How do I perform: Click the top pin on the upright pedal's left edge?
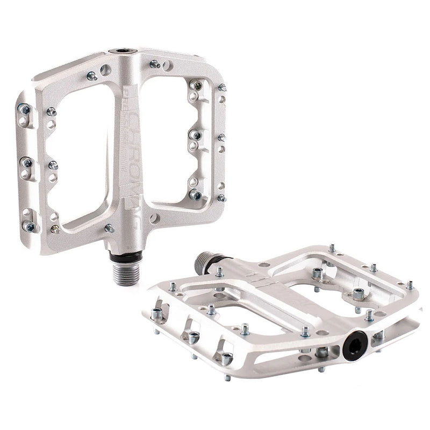click(x=25, y=110)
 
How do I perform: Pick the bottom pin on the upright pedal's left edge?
click(x=30, y=226)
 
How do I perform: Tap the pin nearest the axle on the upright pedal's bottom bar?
click(x=109, y=228)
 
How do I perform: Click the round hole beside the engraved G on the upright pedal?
click(x=155, y=219)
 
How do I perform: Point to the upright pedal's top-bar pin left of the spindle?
click(x=91, y=76)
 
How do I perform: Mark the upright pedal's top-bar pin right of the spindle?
click(x=155, y=64)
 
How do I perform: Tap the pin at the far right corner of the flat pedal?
click(x=410, y=284)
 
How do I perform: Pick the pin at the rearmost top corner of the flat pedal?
click(x=332, y=248)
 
